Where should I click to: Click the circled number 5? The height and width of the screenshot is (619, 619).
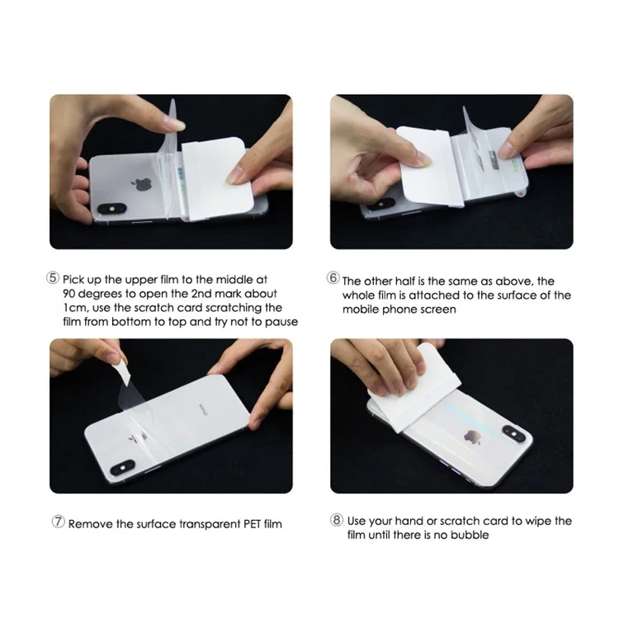pos(53,278)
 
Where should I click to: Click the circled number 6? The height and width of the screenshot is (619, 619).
pos(333,278)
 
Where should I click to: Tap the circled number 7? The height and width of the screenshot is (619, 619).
pos(58,522)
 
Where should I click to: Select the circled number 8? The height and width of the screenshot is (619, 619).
pos(337,519)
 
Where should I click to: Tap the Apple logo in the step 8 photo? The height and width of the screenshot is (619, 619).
pos(472,437)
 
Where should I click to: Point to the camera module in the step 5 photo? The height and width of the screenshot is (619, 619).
pos(112,209)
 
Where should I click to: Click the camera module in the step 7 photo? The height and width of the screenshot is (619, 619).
pos(122,467)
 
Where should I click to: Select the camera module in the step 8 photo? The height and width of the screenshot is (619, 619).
pos(514,434)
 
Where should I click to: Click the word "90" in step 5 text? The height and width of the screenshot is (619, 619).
pos(70,294)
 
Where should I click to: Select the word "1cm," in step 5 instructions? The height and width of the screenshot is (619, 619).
pos(75,308)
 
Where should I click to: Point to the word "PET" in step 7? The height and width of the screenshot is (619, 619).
pos(252,524)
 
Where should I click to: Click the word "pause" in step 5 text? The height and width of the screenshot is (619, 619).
pos(281,322)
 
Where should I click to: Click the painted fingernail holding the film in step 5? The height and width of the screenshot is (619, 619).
pos(176,125)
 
